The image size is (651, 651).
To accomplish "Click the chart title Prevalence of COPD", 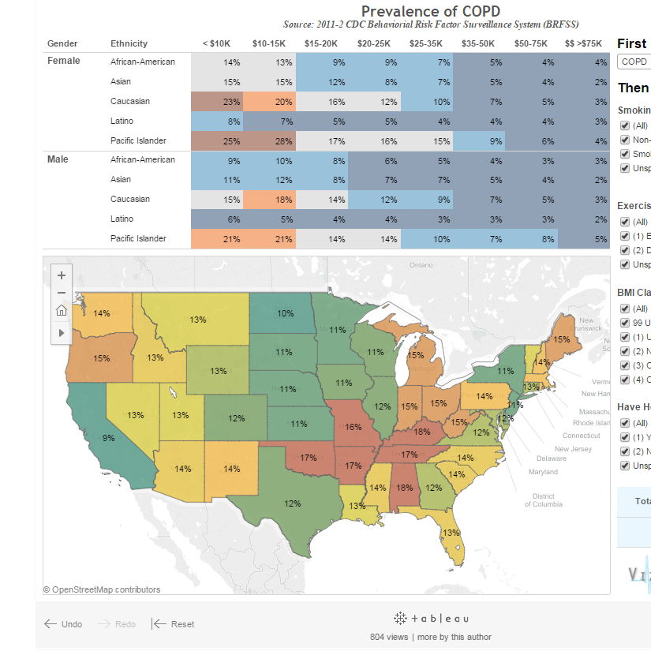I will point(430,11).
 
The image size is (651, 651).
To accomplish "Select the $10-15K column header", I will point(268,43).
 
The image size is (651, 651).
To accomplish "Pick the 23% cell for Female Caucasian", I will point(231,101).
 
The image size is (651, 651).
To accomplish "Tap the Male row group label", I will point(58,159).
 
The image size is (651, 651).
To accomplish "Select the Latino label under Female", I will point(122,121).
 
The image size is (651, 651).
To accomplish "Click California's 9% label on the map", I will point(108,438).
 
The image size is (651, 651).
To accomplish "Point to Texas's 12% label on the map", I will point(293,503).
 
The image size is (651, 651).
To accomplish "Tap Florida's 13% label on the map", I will point(451,533).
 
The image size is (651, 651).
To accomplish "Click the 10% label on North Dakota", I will point(286,313).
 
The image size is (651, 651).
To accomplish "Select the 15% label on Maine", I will point(561,339).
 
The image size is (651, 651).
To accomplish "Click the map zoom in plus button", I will point(62,275).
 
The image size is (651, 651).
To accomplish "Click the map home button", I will point(62,310).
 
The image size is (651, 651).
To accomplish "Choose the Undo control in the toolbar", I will point(63,624).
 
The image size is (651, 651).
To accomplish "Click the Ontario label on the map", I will point(422,265).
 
